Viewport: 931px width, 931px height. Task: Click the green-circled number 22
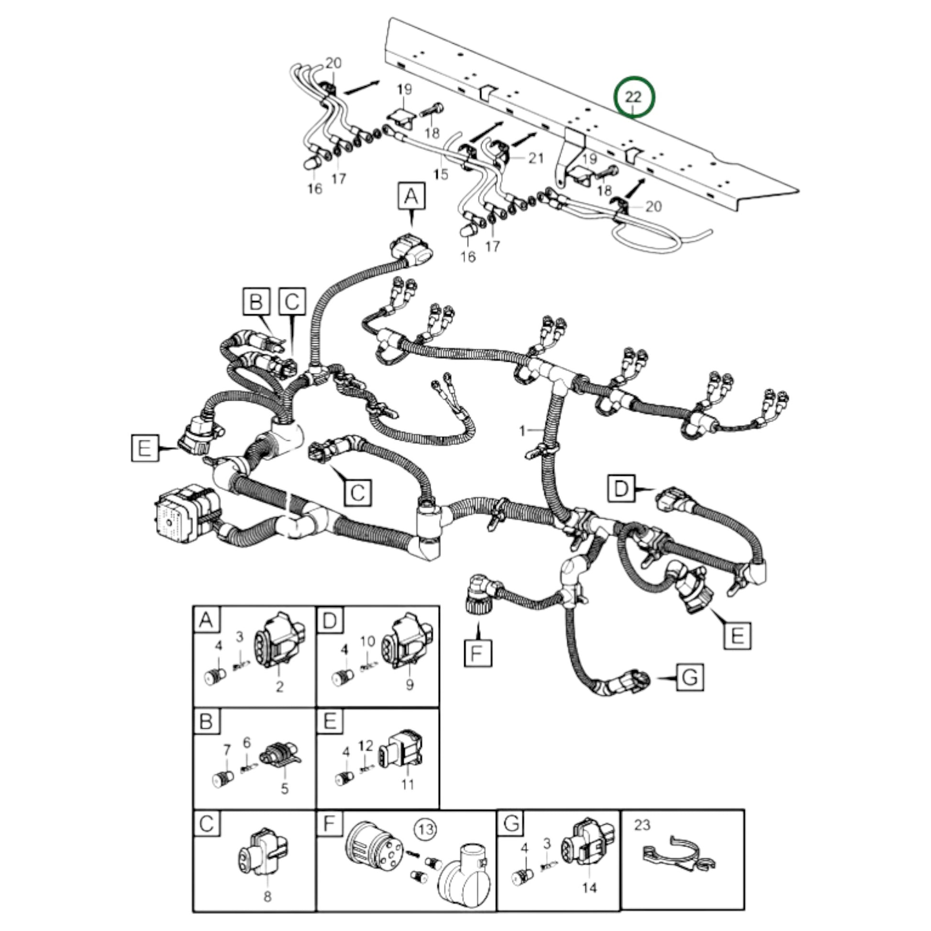(x=634, y=98)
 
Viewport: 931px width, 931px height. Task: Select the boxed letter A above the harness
(x=411, y=196)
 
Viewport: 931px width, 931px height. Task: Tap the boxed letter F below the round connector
(x=477, y=653)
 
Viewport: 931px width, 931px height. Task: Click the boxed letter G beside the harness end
(x=690, y=677)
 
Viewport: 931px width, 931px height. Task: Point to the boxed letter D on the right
(x=621, y=489)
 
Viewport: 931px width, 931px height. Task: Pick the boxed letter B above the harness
(x=256, y=302)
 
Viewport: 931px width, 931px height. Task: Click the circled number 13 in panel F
(x=426, y=829)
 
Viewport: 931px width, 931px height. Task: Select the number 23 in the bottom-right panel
(x=643, y=824)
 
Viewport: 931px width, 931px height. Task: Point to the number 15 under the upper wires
(x=441, y=174)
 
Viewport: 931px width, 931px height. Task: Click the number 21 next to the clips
(x=536, y=158)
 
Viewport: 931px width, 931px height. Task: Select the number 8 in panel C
(x=267, y=896)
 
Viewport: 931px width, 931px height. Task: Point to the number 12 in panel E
(x=366, y=746)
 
